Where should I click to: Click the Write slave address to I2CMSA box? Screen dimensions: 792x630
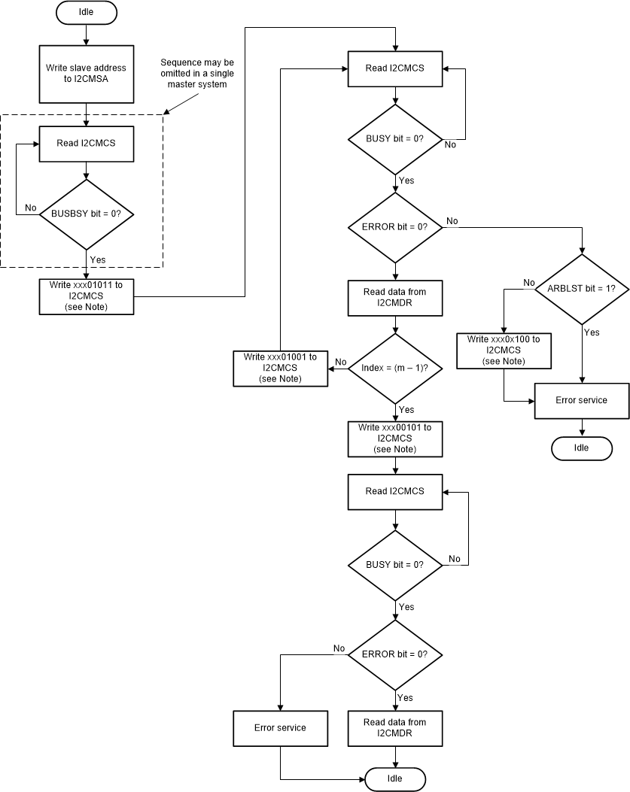[x=87, y=73]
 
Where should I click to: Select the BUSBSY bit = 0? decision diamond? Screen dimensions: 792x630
[x=87, y=214]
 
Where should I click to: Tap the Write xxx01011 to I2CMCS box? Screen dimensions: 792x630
[x=87, y=296]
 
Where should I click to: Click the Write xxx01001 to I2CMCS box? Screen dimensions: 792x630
[x=279, y=369]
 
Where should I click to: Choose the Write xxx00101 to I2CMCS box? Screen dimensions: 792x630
[x=395, y=438]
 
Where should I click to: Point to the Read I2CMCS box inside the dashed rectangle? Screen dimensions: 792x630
[x=87, y=143]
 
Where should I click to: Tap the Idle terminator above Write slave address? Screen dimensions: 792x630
[x=87, y=13]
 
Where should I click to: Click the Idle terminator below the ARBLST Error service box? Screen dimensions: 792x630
[x=582, y=448]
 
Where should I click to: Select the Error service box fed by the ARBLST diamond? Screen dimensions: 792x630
[x=582, y=400]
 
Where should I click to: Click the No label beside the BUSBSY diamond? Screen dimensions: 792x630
[x=31, y=207]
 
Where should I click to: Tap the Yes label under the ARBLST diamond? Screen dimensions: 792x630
[x=592, y=332]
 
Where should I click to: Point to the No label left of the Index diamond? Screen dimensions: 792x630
[x=340, y=362]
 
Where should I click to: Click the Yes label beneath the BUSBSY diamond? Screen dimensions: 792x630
[x=97, y=259]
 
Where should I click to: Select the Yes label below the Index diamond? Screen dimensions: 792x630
[x=406, y=410]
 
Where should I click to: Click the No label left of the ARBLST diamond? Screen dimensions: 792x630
[x=529, y=282]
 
